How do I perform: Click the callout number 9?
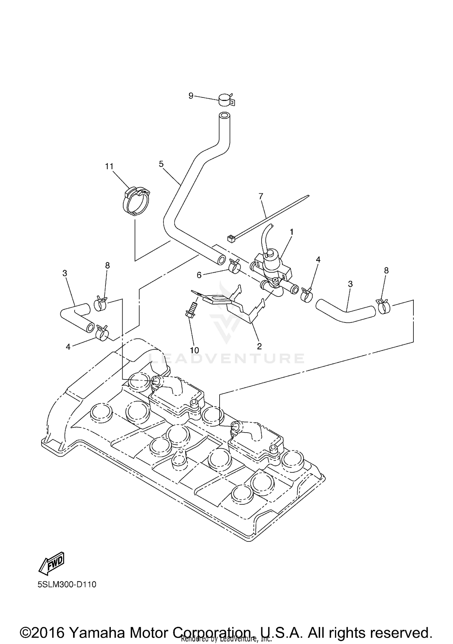[191, 96]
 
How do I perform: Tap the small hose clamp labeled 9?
[225, 100]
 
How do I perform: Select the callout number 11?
[109, 166]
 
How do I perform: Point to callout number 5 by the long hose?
[161, 164]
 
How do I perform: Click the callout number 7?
[261, 196]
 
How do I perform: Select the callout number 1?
[291, 232]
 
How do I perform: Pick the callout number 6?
[199, 275]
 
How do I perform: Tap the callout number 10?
[194, 350]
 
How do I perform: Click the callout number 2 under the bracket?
[259, 346]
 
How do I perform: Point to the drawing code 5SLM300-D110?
[67, 585]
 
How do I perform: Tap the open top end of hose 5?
[223, 116]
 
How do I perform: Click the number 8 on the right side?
[386, 271]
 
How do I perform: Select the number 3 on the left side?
[65, 273]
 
